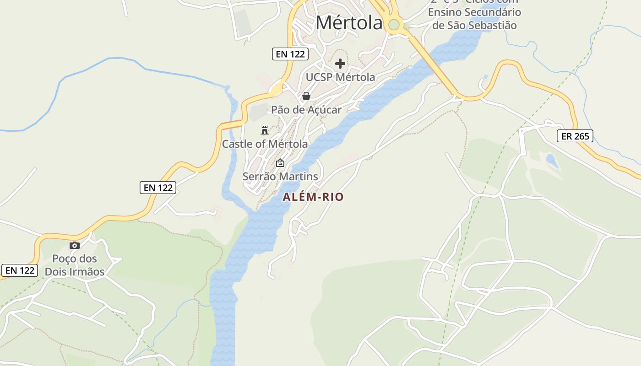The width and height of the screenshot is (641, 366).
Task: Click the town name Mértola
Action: tap(349, 23)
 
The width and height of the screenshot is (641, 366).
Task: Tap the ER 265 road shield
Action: tap(575, 136)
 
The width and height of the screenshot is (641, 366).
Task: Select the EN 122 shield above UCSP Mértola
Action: tap(290, 54)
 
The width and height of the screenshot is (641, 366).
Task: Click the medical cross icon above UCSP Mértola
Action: tap(340, 64)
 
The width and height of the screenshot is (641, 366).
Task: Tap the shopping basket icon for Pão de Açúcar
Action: tap(306, 96)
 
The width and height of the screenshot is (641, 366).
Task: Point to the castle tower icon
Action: tap(264, 130)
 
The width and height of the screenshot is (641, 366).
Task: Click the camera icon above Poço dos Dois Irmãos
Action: tap(74, 246)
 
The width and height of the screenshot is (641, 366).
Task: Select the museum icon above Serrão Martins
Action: tap(280, 163)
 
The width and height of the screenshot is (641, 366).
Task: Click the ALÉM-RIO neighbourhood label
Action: tap(313, 197)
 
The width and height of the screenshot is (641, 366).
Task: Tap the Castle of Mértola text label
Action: tap(265, 144)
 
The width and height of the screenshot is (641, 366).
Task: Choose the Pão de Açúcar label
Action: tap(306, 110)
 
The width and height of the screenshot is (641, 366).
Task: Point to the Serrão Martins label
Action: tap(280, 176)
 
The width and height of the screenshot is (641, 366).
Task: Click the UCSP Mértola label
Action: tap(340, 77)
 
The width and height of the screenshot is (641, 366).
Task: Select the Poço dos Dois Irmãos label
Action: tap(74, 265)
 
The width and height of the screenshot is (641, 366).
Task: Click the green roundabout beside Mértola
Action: tap(393, 24)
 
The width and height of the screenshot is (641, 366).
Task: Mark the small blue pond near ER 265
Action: tap(552, 161)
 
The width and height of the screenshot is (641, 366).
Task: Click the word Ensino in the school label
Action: tap(445, 12)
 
